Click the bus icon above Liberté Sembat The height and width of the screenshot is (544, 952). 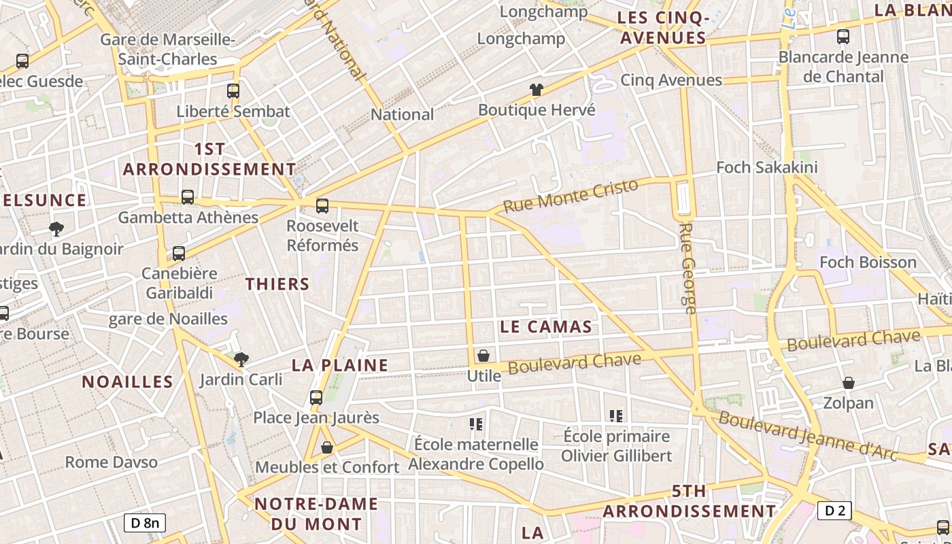point(233,90)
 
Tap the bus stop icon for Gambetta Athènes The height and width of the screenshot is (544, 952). point(188,197)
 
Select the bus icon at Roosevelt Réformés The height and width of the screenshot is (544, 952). point(322,205)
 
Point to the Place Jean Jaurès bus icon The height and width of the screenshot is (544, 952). point(316,397)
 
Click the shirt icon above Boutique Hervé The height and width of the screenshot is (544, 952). point(537,89)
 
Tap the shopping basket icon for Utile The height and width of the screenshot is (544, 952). point(483,356)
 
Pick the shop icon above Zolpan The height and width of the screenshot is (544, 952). point(849,384)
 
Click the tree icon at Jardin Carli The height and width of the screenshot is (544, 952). point(241,359)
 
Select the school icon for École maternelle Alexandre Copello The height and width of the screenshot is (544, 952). point(476,424)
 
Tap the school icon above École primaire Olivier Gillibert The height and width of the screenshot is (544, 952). point(616,415)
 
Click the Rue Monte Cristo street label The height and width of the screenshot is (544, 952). point(571,195)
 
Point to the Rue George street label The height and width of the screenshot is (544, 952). point(688,268)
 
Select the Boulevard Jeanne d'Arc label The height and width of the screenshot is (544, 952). point(808,436)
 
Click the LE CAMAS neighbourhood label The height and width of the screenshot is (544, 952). point(546,327)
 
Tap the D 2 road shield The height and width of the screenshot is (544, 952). point(834,510)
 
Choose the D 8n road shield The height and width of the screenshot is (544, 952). point(145,522)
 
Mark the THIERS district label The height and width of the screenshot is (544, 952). point(277,284)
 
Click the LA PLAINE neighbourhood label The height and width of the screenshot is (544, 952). point(340,365)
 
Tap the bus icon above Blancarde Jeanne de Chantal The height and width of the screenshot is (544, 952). point(843,37)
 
